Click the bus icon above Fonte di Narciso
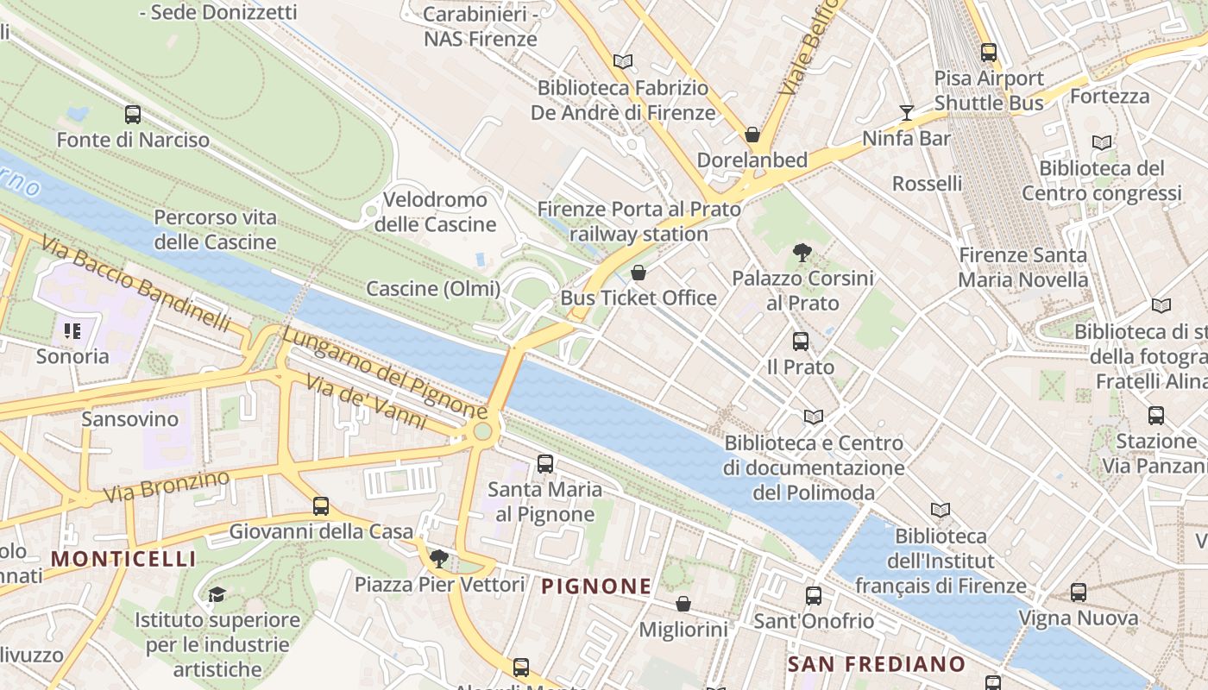pos(132,115)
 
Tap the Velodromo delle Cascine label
pos(435,212)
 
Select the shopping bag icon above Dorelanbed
pos(752,135)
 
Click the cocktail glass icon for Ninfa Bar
pos(906,113)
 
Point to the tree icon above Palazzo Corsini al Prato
pos(802,253)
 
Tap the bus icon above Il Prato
pos(801,342)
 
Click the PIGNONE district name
pos(595,586)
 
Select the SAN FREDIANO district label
pos(876,663)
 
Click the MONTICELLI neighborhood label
pos(123,559)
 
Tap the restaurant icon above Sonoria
pos(72,330)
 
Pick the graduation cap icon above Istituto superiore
pos(217,594)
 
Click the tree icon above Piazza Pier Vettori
pos(438,558)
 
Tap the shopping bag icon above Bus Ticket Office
pos(639,273)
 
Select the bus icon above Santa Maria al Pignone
pos(544,464)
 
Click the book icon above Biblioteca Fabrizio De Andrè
pos(622,61)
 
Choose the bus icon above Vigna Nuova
pos(1078,593)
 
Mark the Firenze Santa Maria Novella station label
pos(1022,267)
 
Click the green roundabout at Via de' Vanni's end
pos(482,430)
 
